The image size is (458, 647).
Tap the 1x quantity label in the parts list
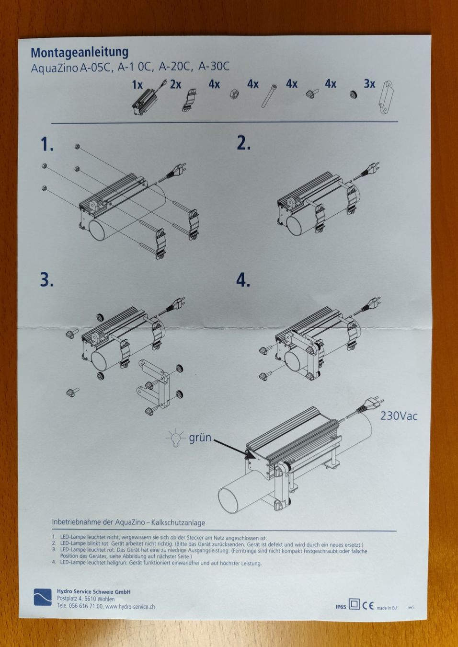click(137, 85)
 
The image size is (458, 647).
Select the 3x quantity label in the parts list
click(369, 84)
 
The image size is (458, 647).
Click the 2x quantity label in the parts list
click(175, 84)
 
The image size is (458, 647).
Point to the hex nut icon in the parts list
click(233, 94)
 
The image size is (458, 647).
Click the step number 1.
click(47, 144)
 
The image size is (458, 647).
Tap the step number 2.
click(243, 143)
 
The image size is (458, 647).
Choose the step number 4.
click(243, 280)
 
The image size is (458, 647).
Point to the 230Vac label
click(399, 416)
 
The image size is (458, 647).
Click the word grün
click(200, 438)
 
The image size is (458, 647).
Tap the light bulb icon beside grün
click(175, 438)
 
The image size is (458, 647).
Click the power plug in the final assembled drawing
click(370, 406)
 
